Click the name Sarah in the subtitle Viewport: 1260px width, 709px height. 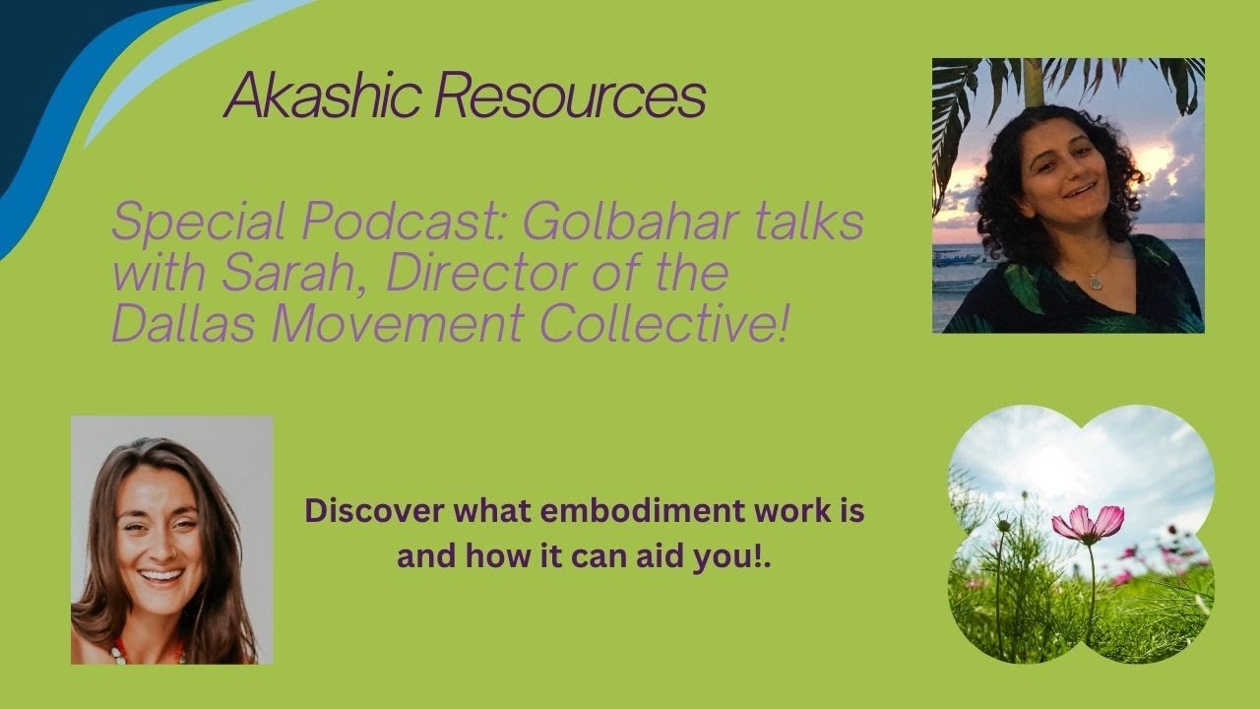pyautogui.click(x=294, y=274)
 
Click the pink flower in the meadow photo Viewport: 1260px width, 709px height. pyautogui.click(x=1088, y=521)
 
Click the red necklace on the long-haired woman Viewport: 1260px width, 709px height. pyautogui.click(x=148, y=649)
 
